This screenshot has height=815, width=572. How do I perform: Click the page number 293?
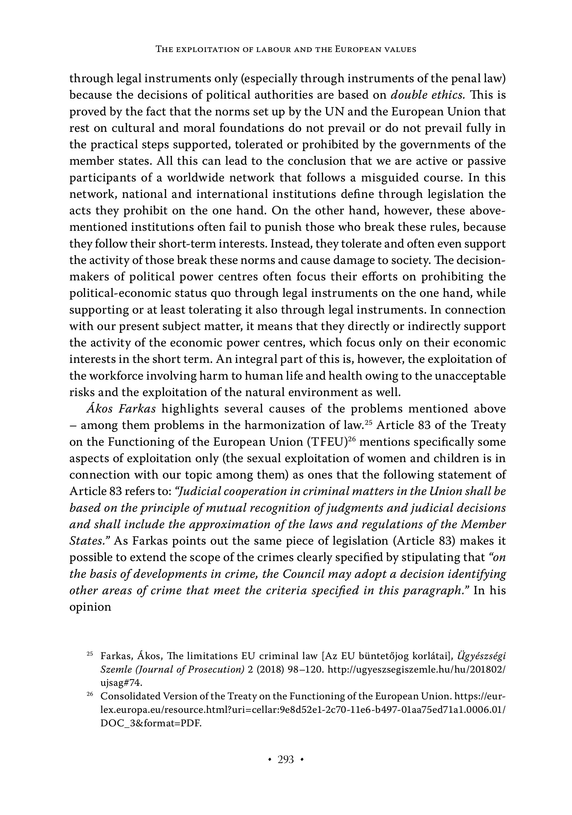coord(286,760)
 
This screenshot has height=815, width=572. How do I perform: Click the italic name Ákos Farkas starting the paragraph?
coord(121,409)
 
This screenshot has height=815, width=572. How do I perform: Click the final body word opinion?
coord(90,607)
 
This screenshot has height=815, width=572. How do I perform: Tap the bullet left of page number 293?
coord(270,760)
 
